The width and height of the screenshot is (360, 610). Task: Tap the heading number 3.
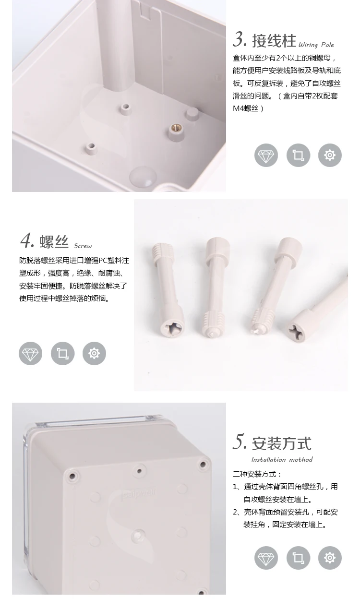click(x=240, y=39)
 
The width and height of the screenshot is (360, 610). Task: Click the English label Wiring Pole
click(x=316, y=45)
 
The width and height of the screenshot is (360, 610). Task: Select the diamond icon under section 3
click(x=266, y=155)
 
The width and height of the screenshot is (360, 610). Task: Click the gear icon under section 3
click(x=330, y=155)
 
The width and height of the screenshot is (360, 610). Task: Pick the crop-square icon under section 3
click(x=298, y=155)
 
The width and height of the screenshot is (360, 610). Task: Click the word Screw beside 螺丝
click(x=83, y=246)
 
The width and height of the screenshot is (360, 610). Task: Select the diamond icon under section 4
click(x=31, y=353)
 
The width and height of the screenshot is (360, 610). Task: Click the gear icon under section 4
click(x=94, y=353)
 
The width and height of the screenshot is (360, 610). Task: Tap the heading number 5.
click(x=240, y=442)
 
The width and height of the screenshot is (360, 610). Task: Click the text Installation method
click(x=282, y=460)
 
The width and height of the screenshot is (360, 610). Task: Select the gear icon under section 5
click(x=330, y=558)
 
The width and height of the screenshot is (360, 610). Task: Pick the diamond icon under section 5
click(x=266, y=558)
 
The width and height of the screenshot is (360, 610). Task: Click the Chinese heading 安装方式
click(x=282, y=443)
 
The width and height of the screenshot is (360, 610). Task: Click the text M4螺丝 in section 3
click(x=245, y=108)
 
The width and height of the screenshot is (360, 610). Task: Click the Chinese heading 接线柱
click(x=274, y=41)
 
